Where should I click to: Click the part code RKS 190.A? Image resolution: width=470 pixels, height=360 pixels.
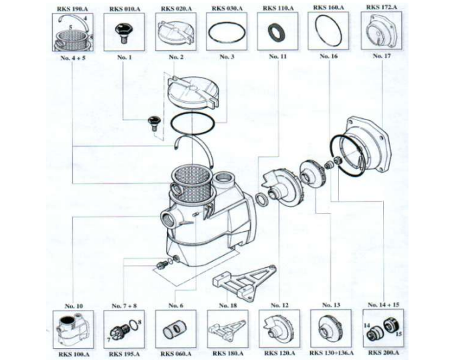(70, 7)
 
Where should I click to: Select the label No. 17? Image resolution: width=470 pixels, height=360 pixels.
(381, 57)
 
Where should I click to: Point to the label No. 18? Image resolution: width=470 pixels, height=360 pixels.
(228, 305)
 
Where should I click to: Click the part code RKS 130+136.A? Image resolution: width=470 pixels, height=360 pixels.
(330, 353)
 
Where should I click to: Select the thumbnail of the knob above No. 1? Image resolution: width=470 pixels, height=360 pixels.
(123, 31)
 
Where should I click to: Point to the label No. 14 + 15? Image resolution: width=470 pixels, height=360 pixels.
(382, 305)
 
